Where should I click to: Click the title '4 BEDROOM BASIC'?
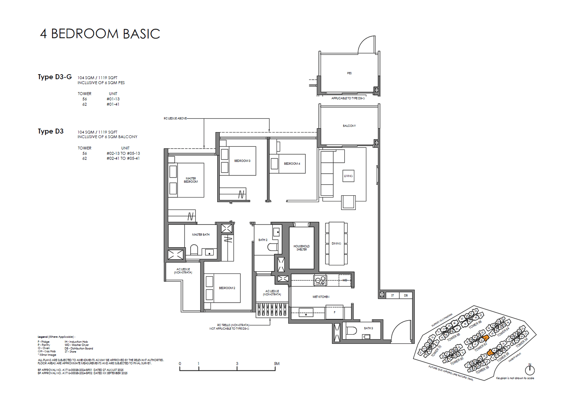click(100, 34)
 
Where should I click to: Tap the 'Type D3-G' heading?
click(55, 77)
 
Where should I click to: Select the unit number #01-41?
click(113, 104)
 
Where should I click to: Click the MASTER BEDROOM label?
click(191, 180)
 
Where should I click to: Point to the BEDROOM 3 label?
click(242, 161)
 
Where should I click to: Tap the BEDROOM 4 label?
click(292, 164)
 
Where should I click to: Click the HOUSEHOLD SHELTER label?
click(301, 248)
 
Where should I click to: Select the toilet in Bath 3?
click(351, 331)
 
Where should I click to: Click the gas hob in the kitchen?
click(320, 280)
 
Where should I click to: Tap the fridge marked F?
click(334, 312)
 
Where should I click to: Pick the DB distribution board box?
click(405, 295)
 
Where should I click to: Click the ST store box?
click(393, 295)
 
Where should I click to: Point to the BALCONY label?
click(349, 126)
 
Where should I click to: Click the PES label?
click(349, 73)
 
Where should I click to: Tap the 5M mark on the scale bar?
click(277, 364)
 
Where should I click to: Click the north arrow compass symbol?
click(530, 370)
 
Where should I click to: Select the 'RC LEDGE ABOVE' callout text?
click(175, 118)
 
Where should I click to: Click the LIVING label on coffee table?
click(348, 176)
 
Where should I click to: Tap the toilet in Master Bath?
click(194, 250)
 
